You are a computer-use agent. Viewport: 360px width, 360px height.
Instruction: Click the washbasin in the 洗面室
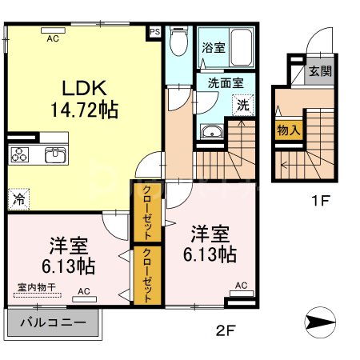tap(212, 133)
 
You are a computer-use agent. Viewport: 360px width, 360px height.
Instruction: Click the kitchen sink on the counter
tap(54, 154)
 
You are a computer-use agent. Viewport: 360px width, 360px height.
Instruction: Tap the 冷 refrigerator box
tap(17, 198)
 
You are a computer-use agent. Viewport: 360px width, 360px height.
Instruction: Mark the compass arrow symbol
tap(321, 323)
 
